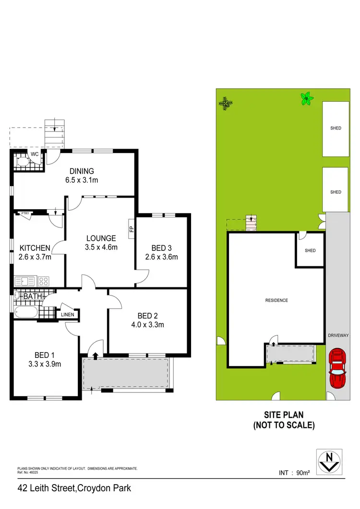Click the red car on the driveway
click(x=337, y=368)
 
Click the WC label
click(x=35, y=154)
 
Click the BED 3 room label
click(x=161, y=248)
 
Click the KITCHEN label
click(x=35, y=248)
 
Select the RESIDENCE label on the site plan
click(x=276, y=300)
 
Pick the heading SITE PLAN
click(x=284, y=415)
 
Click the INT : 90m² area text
click(x=294, y=473)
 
